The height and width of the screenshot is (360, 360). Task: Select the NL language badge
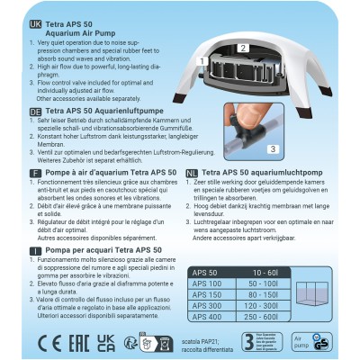click(x=192, y=170)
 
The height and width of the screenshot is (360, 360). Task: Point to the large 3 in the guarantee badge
click(x=249, y=341)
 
